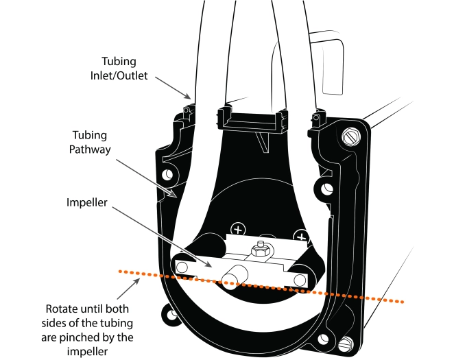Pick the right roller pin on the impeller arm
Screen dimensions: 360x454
300,278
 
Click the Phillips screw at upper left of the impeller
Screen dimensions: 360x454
238,229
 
